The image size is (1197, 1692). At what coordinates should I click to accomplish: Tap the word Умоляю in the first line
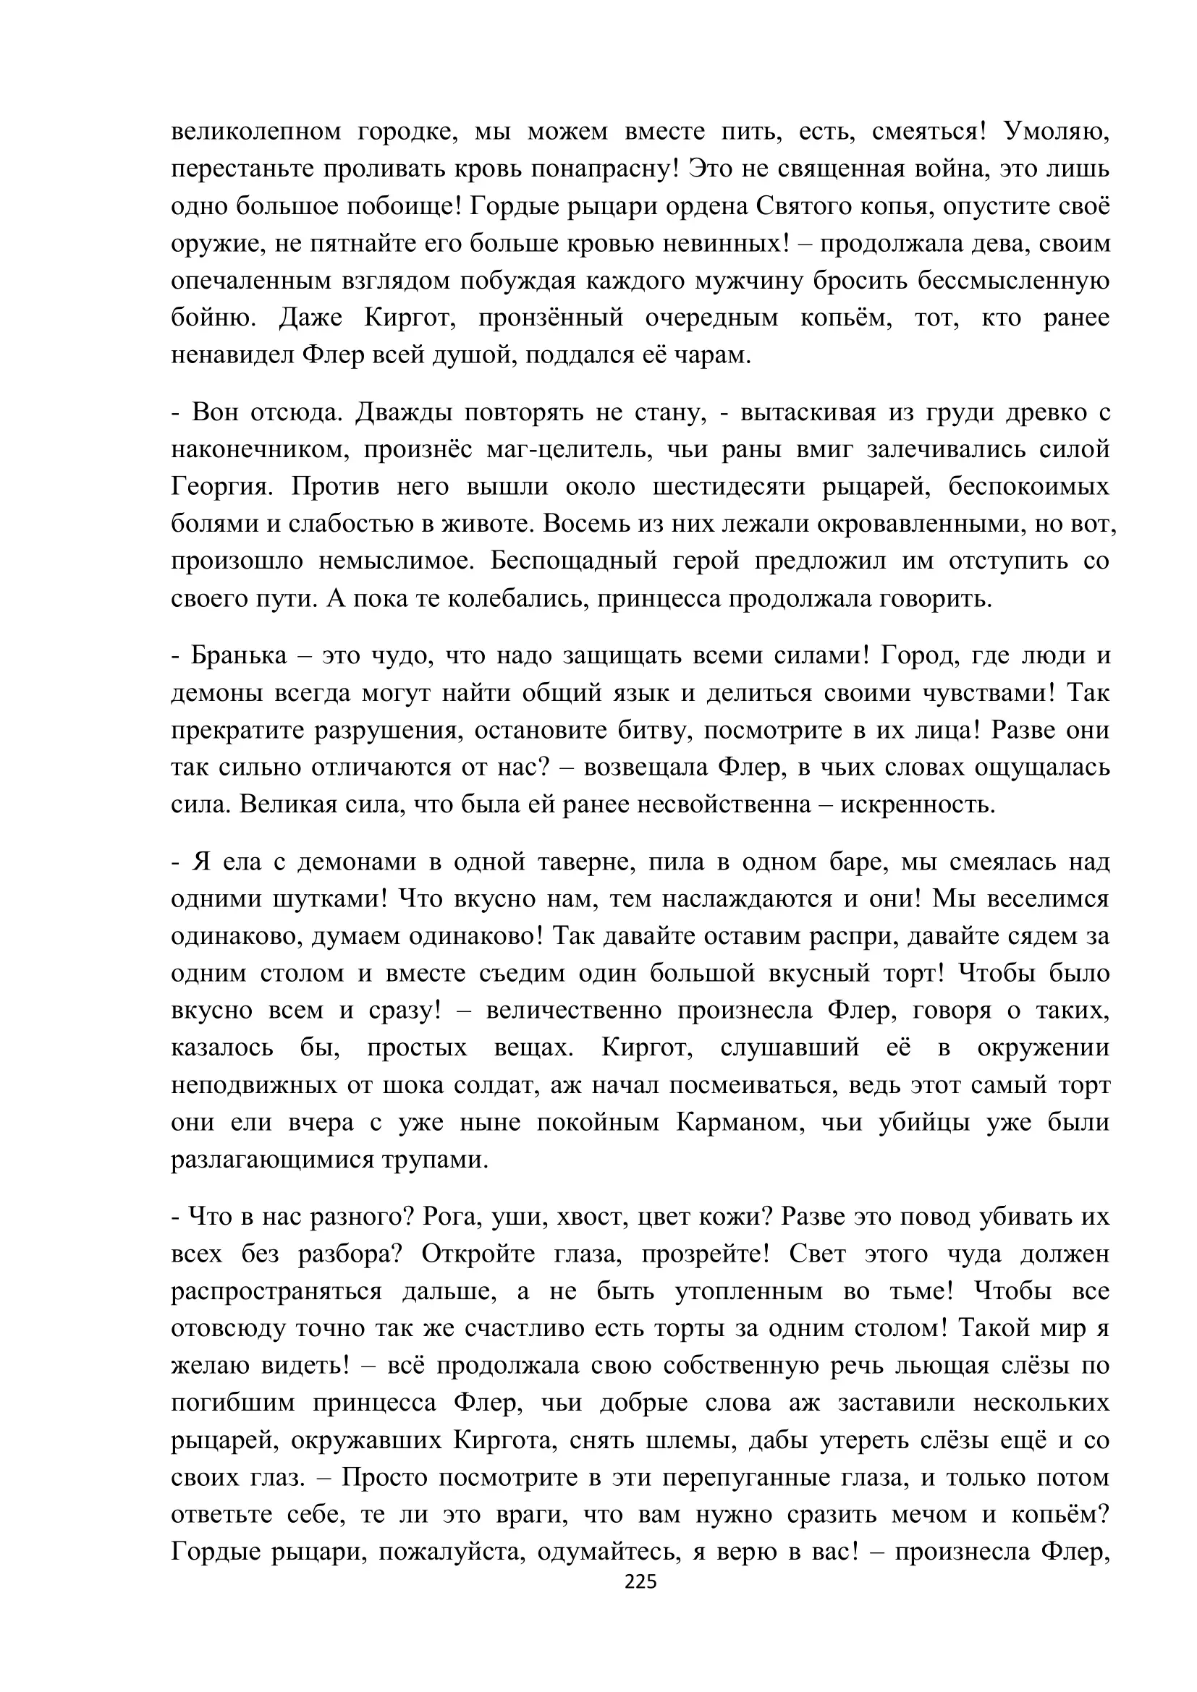coord(1057,132)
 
